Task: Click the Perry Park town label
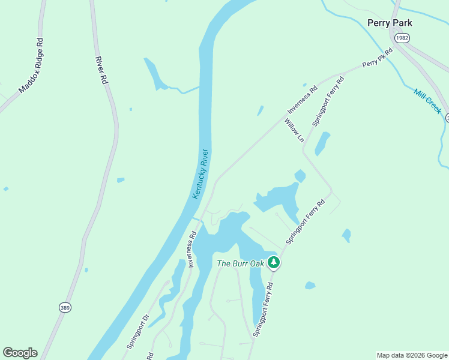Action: coord(390,23)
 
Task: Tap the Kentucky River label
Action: coord(200,174)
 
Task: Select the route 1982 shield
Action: coord(402,38)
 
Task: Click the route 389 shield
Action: coord(65,307)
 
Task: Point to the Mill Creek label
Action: coord(427,101)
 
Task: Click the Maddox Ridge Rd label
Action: coord(32,66)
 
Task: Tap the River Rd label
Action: coord(100,70)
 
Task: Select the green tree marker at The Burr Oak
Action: coord(274,262)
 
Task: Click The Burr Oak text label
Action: coord(240,263)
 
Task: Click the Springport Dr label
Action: coord(137,331)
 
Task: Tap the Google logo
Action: coord(20,353)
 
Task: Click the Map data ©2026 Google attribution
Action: coord(412,355)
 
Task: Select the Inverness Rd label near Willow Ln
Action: coord(302,101)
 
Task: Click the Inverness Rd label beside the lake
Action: coord(193,249)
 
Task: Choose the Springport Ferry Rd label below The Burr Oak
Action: coord(264,310)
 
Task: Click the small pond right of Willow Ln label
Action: coord(322,143)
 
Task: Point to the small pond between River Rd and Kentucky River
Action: coord(121,179)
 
